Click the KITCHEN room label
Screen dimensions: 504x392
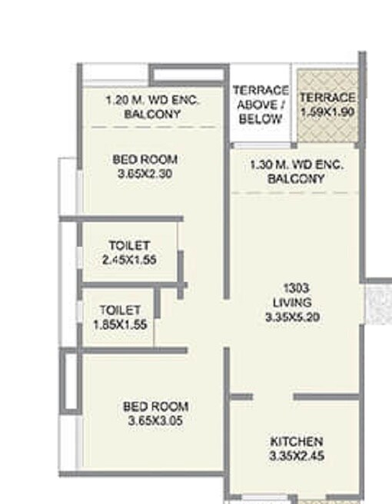pyautogui.click(x=296, y=442)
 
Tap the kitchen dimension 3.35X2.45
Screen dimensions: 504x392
pyautogui.click(x=296, y=456)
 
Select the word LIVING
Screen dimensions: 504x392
pyautogui.click(x=296, y=302)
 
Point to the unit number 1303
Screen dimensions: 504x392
pyautogui.click(x=296, y=288)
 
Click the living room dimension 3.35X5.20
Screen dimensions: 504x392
pyautogui.click(x=296, y=316)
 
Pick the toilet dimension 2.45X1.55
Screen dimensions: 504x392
pyautogui.click(x=129, y=260)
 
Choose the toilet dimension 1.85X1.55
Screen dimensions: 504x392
pyautogui.click(x=119, y=324)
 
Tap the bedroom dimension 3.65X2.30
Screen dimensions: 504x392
pyautogui.click(x=145, y=174)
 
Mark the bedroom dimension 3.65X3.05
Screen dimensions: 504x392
pyautogui.click(x=155, y=420)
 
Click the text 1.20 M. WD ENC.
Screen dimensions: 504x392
pyautogui.click(x=152, y=100)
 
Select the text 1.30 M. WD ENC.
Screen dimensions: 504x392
pyautogui.click(x=297, y=165)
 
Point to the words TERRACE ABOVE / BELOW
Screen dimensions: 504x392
pyautogui.click(x=260, y=104)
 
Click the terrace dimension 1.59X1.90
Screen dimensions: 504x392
pyautogui.click(x=327, y=111)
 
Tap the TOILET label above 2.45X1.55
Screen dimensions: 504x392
pyautogui.click(x=129, y=246)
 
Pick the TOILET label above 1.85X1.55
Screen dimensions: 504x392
pyautogui.click(x=119, y=310)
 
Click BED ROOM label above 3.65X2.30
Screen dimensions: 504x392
pyautogui.click(x=145, y=160)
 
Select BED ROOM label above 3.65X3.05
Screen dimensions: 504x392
pyautogui.click(x=155, y=406)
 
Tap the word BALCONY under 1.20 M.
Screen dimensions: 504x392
pyautogui.click(x=152, y=114)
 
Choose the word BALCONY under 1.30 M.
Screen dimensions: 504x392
pyautogui.click(x=297, y=179)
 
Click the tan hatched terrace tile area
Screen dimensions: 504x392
pyautogui.click(x=328, y=131)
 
